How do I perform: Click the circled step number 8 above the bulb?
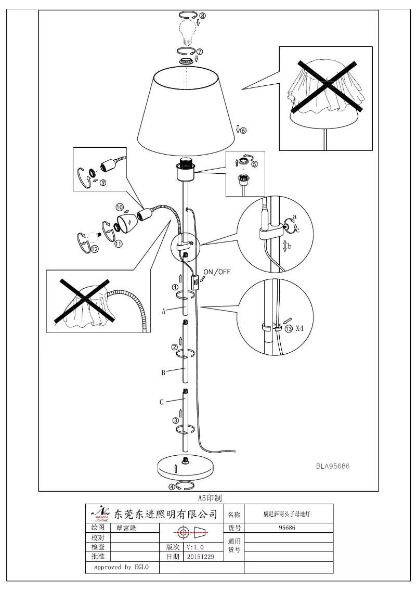[202, 16]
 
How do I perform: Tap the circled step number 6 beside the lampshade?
[243, 130]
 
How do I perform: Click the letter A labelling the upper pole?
[163, 312]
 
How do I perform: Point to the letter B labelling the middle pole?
[163, 373]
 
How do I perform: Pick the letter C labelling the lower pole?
[162, 402]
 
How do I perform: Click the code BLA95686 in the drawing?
[333, 466]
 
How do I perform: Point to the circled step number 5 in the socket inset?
[255, 163]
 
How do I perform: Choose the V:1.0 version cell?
[196, 547]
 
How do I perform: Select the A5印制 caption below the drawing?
[209, 498]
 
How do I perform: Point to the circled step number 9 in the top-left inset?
[103, 183]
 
